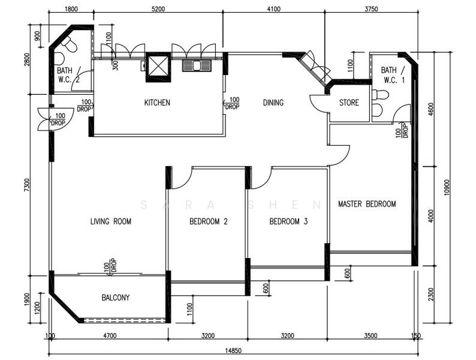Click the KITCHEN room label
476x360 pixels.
tap(157, 103)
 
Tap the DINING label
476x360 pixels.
tap(273, 103)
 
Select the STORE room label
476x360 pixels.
tap(349, 103)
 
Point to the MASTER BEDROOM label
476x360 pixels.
tap(367, 203)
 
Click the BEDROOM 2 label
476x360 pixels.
tap(209, 221)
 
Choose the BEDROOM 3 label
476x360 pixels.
tap(288, 221)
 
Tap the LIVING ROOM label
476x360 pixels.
tap(111, 221)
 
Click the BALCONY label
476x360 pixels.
tap(116, 297)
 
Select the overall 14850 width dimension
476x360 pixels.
tap(233, 350)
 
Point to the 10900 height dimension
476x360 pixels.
tap(446, 187)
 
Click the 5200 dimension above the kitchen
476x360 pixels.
tap(158, 9)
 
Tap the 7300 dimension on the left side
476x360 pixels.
tap(28, 185)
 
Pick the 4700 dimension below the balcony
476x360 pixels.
tap(110, 335)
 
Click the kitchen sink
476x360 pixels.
tap(197, 65)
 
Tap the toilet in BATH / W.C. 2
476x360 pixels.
tap(70, 44)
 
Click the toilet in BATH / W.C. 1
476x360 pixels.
tap(380, 94)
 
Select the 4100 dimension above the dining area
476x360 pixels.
tap(273, 9)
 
